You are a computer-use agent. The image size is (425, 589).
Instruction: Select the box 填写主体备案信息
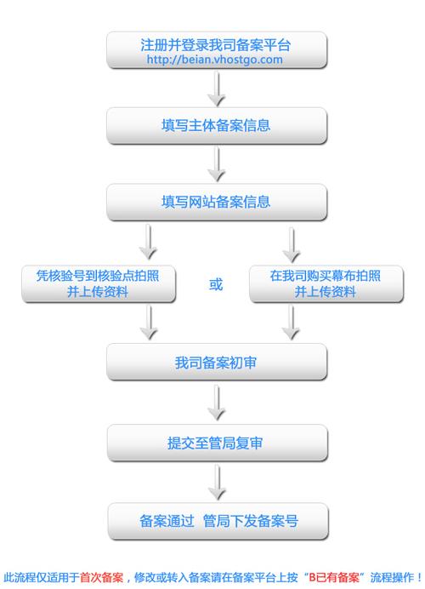pos(216,126)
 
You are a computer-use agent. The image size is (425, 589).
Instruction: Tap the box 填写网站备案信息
pos(216,202)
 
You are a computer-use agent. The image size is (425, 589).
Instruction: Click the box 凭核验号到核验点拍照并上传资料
pos(99,283)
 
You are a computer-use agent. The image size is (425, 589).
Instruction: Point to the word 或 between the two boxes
pos(216,284)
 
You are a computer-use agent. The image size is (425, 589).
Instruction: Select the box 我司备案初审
pos(216,363)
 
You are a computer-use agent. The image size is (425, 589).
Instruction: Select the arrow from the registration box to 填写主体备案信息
pos(217,89)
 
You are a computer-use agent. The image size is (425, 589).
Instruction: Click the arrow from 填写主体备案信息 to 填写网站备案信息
pos(217,163)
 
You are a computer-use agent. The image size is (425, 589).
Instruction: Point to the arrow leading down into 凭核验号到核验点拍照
pos(148,243)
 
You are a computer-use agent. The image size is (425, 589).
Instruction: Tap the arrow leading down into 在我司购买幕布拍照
pos(291,243)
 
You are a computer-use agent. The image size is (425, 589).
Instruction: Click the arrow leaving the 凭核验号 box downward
pos(148,322)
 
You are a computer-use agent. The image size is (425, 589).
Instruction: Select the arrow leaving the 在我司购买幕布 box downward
pos(291,322)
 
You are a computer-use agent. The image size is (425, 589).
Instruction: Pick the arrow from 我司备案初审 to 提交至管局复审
pos(217,402)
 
